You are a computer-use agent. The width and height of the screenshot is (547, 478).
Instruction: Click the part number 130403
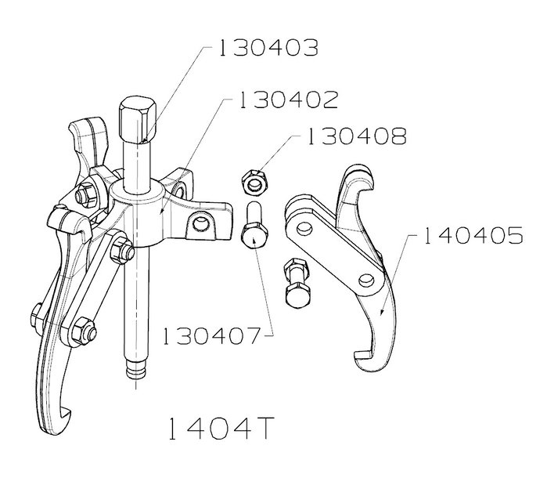pos(268,48)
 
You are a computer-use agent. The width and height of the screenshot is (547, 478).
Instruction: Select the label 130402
pos(289,100)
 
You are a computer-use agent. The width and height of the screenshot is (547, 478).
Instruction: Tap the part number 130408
pos(357,136)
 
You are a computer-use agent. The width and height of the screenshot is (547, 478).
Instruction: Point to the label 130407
pos(212,336)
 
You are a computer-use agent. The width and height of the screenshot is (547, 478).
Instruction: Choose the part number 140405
pos(473,236)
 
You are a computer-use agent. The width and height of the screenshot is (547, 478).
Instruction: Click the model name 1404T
pos(221,429)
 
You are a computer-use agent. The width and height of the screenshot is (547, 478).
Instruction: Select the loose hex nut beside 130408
pos(254,182)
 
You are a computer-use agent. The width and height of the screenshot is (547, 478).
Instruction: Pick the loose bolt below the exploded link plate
pos(297,282)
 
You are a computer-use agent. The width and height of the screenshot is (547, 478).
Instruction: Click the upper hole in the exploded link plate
pos(304,228)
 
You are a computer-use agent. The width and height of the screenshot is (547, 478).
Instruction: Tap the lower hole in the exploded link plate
pos(366,279)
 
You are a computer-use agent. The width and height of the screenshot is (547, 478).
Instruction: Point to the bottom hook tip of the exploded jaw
pos(359,357)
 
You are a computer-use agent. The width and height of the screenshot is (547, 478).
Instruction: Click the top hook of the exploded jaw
pos(357,178)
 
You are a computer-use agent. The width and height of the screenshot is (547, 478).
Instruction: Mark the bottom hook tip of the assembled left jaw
pos(66,412)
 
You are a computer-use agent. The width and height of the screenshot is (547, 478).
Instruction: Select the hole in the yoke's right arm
pos(200,223)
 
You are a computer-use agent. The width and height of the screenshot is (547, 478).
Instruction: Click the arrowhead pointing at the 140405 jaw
pos(383,311)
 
